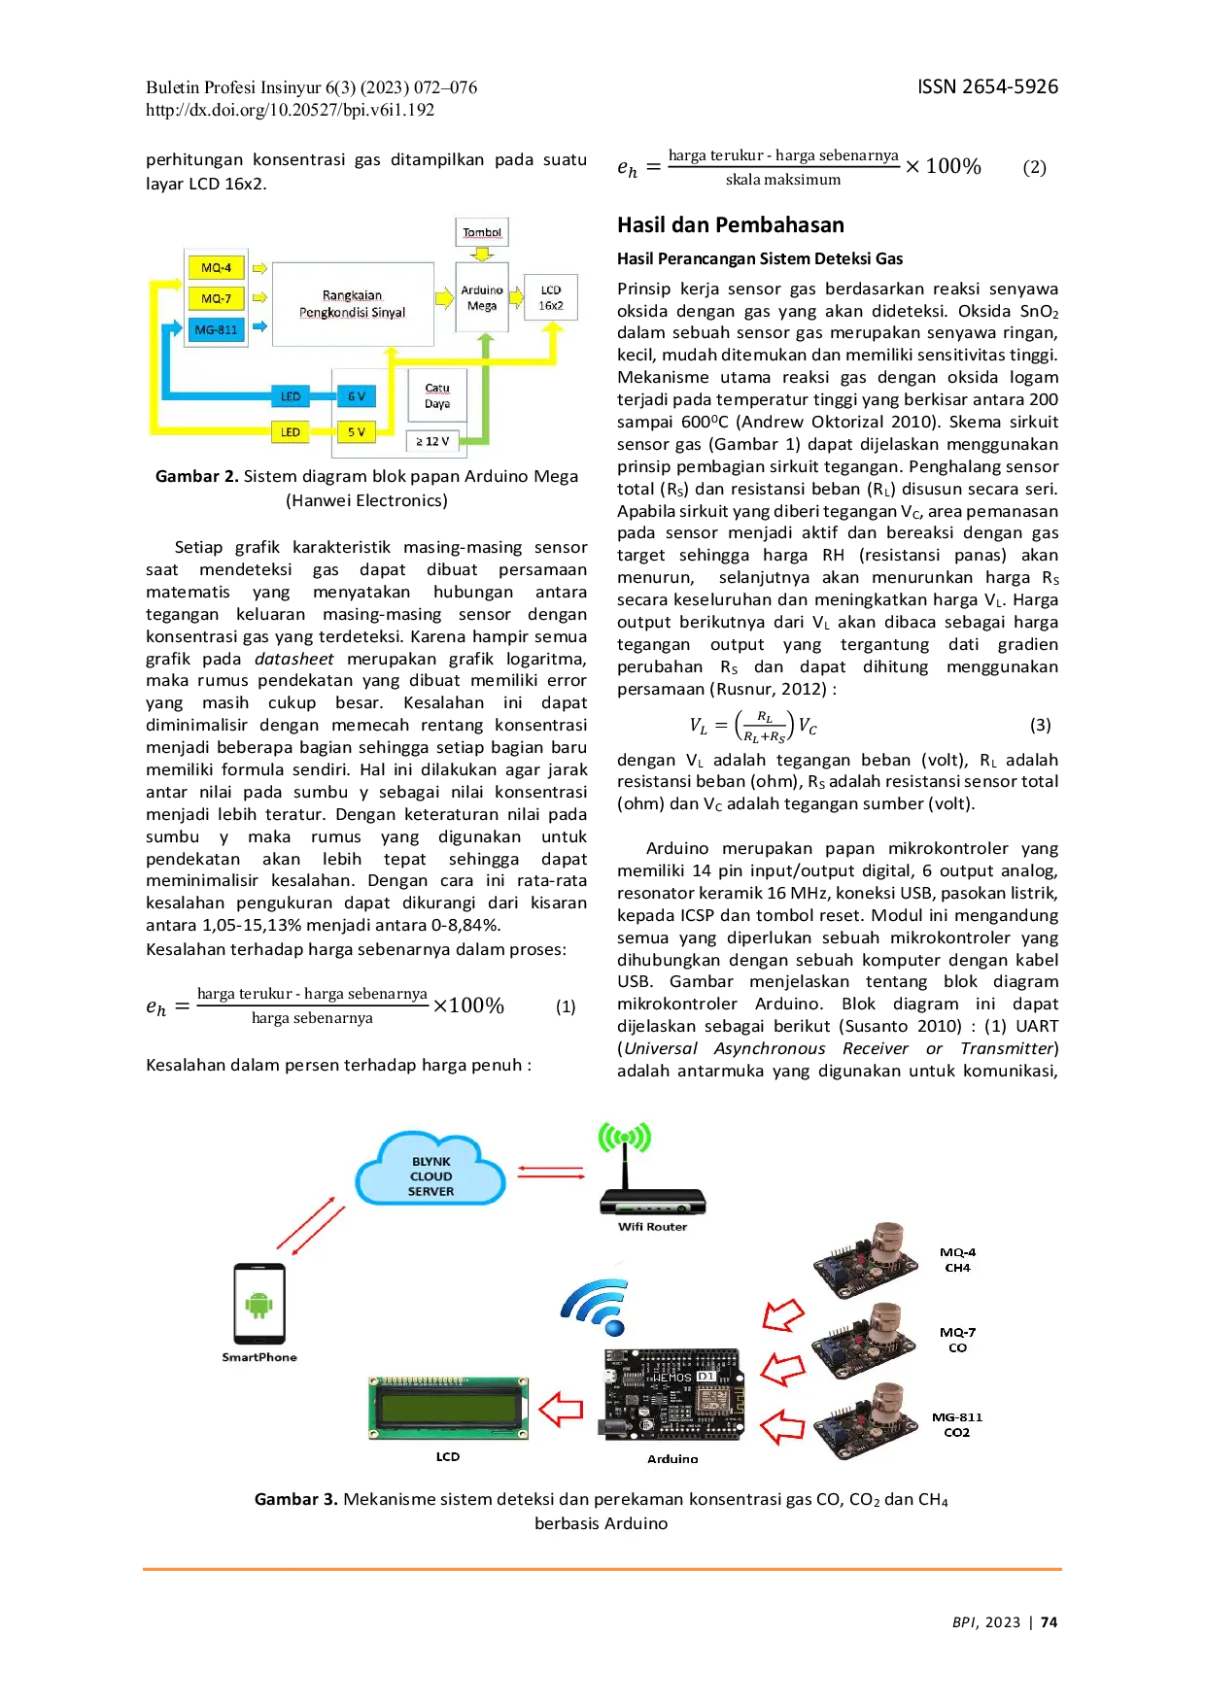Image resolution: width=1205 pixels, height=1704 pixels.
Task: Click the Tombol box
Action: pos(482,232)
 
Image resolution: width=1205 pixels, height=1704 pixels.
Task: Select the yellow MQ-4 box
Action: pos(216,267)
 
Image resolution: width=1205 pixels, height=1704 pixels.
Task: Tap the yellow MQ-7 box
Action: pos(216,298)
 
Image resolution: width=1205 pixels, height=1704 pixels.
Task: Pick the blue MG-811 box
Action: pos(216,329)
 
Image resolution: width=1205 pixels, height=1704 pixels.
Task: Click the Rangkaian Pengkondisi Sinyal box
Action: pos(353,303)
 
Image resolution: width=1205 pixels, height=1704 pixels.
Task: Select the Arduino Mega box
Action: pos(482,297)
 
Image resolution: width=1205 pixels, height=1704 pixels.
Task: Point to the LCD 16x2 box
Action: pos(551,297)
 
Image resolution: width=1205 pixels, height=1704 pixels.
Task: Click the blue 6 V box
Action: pos(356,396)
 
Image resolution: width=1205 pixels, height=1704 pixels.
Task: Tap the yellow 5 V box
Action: pos(356,431)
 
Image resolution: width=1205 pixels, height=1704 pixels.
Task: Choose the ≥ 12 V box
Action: pos(432,441)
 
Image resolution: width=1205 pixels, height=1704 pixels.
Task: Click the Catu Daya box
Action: pos(437,395)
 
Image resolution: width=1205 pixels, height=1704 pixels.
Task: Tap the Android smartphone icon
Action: pos(259,1304)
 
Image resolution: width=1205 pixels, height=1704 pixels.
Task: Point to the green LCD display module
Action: pos(448,1408)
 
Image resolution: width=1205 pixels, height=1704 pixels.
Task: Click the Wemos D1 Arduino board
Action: pos(672,1396)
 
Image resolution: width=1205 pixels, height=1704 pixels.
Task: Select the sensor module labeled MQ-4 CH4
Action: pos(865,1261)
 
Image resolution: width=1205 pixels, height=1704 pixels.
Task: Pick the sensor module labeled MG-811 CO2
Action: pos(865,1422)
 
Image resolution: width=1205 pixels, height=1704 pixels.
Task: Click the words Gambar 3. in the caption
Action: pos(295,1499)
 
